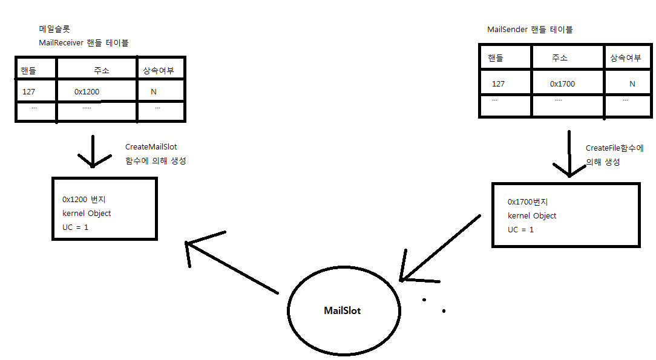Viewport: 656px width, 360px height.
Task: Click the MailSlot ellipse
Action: [x=343, y=310]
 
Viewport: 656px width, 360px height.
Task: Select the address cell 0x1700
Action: [x=562, y=84]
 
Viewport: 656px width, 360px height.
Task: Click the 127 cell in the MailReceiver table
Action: [x=28, y=92]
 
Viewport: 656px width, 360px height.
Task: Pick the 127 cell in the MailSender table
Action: [x=498, y=84]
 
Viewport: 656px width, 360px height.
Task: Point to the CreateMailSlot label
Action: [x=151, y=147]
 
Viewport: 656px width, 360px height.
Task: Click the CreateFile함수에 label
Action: [x=614, y=148]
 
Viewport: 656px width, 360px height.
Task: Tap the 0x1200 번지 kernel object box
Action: [x=105, y=209]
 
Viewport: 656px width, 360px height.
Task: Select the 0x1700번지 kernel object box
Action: [x=566, y=215]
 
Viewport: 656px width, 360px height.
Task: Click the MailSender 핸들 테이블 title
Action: [x=530, y=30]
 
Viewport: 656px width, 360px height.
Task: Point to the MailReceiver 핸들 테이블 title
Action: [x=84, y=43]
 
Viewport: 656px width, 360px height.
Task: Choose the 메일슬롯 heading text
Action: [x=54, y=29]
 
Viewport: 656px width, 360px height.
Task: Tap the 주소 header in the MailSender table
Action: [x=559, y=58]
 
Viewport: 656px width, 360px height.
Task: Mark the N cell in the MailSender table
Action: [x=632, y=84]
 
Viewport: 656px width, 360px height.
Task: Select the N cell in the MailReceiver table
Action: [x=153, y=92]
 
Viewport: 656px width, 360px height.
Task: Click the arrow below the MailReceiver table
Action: [x=93, y=151]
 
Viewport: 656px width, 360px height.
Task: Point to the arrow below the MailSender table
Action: [x=569, y=154]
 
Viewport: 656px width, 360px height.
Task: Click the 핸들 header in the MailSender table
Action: [x=495, y=58]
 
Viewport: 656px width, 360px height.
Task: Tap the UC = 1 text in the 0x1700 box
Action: [x=520, y=230]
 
